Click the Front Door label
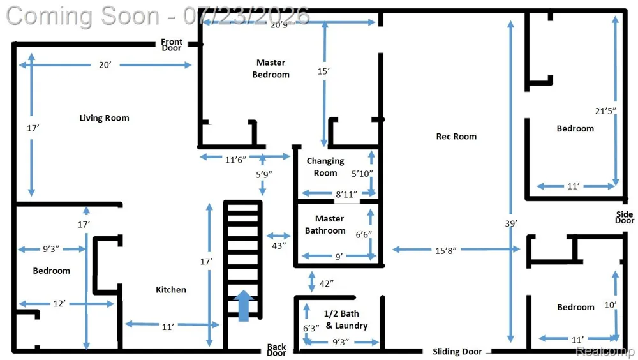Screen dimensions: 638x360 [x=171, y=45]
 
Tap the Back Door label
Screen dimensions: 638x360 [x=276, y=350]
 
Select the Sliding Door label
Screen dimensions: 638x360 [x=457, y=352]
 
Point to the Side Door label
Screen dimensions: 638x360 [x=625, y=218]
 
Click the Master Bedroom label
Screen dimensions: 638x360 [x=271, y=68]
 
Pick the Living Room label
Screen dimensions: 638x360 [x=104, y=118]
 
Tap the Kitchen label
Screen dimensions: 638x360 [x=171, y=290]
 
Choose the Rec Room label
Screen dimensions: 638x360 [x=456, y=137]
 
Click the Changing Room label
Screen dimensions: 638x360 [x=325, y=167]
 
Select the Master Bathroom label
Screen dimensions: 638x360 [x=325, y=225]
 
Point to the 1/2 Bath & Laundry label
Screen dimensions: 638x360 [x=346, y=320]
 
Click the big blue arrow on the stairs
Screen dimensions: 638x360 [x=243, y=306]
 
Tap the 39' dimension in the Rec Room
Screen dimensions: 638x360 [x=510, y=223]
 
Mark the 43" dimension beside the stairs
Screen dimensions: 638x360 [x=279, y=245]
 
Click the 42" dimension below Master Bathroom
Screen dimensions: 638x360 [x=326, y=283]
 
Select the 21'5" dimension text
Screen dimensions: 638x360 [x=605, y=111]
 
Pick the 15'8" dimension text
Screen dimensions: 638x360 [x=445, y=250]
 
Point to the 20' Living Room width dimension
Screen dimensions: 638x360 [x=105, y=64]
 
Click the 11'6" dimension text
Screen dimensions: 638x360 [x=235, y=160]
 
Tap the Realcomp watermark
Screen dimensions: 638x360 [x=605, y=351]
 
